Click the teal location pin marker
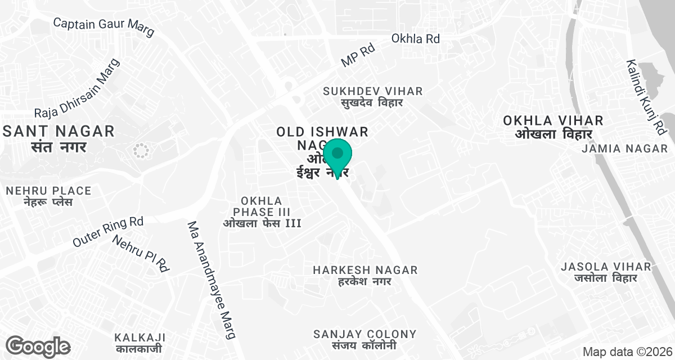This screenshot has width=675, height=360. click(337, 155)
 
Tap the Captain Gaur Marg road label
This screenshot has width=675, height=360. click(103, 27)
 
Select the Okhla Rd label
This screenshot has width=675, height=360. click(416, 39)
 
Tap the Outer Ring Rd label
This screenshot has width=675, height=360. click(108, 231)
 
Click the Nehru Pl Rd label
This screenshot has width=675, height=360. click(141, 253)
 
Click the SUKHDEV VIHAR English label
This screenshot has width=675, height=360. click(373, 91)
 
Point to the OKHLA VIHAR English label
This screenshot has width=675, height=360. click(553, 120)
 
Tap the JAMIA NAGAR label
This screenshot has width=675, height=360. click(616, 148)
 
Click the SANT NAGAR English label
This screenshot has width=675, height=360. click(58, 132)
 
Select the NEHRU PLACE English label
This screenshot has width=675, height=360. click(48, 191)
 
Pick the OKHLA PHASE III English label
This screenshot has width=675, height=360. click(262, 206)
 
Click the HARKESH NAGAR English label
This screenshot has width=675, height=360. click(365, 270)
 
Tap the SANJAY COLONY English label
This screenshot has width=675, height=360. click(365, 334)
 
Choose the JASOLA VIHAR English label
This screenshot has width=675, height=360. click(605, 266)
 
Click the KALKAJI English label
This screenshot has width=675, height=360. click(139, 337)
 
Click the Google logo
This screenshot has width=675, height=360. click(38, 345)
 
